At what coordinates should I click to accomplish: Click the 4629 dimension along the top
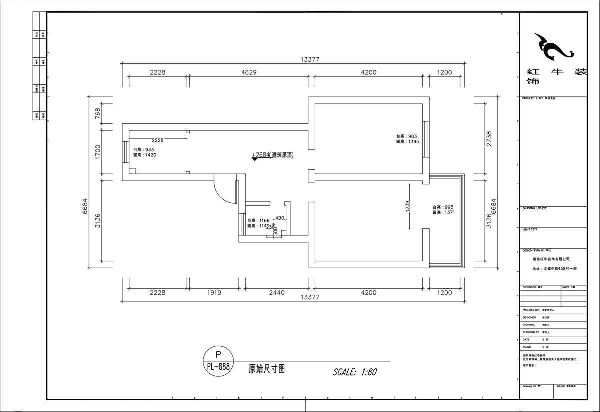[x=249, y=72]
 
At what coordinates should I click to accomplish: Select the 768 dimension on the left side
[x=98, y=113]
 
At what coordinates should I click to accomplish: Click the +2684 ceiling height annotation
[x=273, y=155]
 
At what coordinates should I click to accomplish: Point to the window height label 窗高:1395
[x=407, y=142]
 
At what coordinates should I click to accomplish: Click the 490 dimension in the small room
[x=279, y=218]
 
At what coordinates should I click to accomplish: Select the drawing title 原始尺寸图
[x=267, y=369]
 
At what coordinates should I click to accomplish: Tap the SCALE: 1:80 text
[x=354, y=372]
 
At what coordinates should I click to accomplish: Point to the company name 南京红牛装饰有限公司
[x=551, y=259]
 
